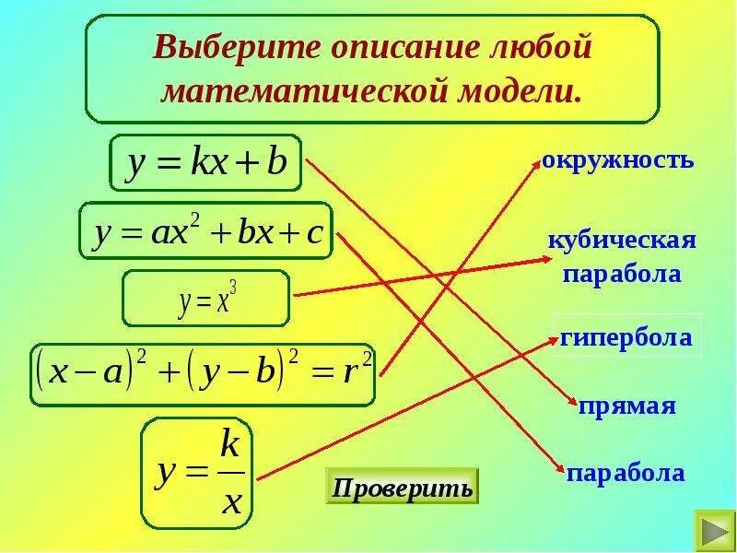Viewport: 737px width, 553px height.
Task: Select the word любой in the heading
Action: click(x=521, y=46)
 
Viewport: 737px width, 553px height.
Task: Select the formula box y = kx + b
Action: click(x=206, y=165)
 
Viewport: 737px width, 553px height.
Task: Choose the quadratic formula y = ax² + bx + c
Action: click(x=205, y=230)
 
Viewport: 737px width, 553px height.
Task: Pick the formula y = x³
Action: click(x=206, y=299)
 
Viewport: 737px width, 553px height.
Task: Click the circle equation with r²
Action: click(x=203, y=375)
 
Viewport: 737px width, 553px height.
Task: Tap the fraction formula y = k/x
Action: click(x=198, y=472)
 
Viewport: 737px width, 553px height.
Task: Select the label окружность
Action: click(x=616, y=161)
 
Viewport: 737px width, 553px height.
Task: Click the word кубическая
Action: click(x=621, y=241)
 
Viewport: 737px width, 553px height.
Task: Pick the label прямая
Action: click(x=627, y=406)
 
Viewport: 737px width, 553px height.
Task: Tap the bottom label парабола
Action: click(x=626, y=473)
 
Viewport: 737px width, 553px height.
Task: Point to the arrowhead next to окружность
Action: click(x=537, y=162)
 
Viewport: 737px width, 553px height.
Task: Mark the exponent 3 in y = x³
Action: click(x=234, y=286)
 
